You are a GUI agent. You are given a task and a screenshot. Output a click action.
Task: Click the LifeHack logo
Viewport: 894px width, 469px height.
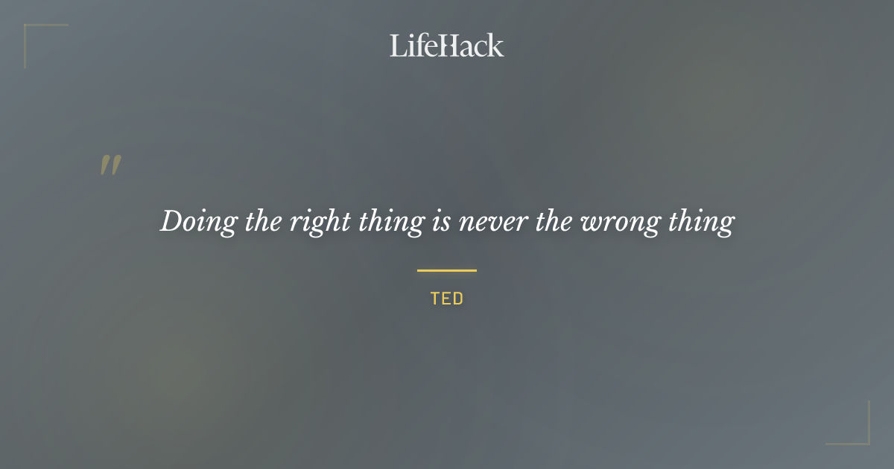coord(447,46)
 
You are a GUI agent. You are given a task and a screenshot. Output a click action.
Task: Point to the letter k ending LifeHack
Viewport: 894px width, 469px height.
coord(496,46)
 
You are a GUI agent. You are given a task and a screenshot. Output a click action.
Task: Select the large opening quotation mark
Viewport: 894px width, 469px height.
coord(110,165)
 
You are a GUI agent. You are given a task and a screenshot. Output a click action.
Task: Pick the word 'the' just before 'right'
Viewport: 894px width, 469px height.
coord(262,221)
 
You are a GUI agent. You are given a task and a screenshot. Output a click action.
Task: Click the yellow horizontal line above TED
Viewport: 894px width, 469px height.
coord(447,270)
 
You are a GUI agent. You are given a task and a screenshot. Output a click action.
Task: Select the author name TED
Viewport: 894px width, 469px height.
coord(447,299)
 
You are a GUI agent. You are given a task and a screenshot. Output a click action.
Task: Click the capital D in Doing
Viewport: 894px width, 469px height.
coord(171,221)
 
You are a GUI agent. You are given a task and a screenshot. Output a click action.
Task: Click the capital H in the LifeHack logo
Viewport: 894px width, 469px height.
coord(446,46)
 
